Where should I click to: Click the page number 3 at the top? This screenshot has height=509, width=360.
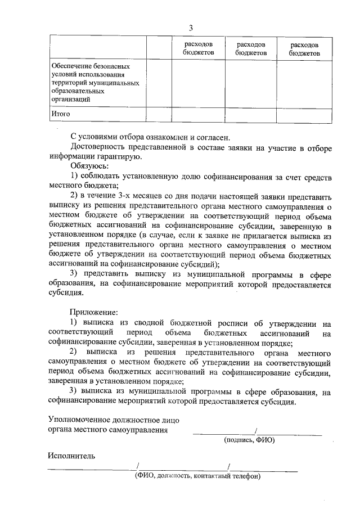point(191,28)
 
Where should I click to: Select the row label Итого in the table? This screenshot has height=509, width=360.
point(60,114)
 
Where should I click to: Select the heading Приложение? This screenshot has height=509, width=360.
point(94,312)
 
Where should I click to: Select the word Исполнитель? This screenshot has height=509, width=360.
point(71,456)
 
